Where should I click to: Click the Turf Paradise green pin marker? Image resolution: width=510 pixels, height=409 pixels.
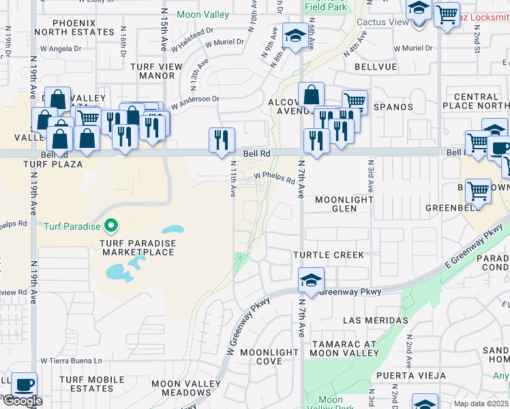coord(110,226)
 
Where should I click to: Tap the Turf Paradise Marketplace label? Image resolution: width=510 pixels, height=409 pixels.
coord(138,247)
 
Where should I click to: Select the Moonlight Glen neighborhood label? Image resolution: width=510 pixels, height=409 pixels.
coord(344,204)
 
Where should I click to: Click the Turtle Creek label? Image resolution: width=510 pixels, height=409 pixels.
coord(329,255)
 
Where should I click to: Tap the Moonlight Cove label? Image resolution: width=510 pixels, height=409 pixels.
coord(269,357)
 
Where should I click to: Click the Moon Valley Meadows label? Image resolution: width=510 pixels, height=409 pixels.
coord(181,389)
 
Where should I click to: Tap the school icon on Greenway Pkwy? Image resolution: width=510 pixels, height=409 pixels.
coord(310,280)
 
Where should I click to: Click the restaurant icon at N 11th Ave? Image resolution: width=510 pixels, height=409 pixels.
coord(222,140)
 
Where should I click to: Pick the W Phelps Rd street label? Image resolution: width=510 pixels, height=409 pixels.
coord(275,177)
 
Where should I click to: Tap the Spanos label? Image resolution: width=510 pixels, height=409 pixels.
coord(393,107)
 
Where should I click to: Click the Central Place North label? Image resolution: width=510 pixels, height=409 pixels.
coord(476,102)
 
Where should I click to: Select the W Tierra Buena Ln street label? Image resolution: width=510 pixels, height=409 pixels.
coord(71,361)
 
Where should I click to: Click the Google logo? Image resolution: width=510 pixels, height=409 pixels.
coord(22,401)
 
